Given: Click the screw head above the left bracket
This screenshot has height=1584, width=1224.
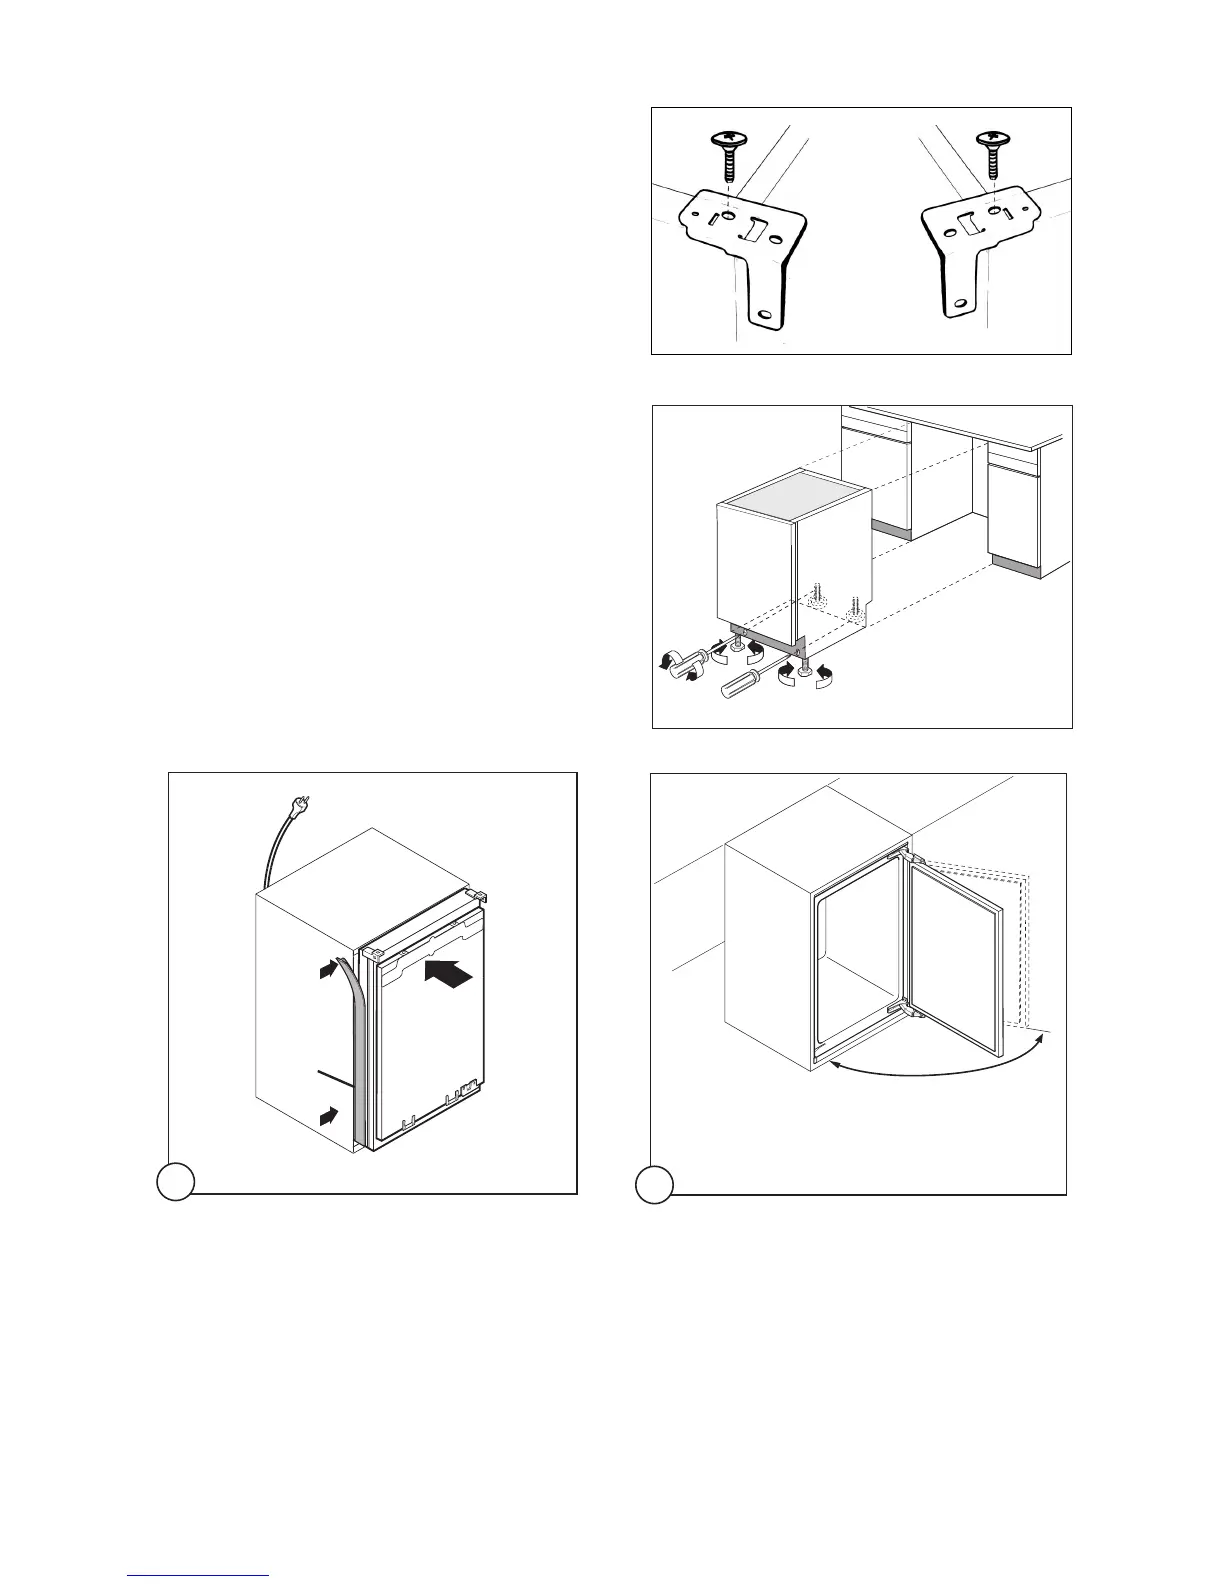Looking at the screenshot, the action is click(x=729, y=138).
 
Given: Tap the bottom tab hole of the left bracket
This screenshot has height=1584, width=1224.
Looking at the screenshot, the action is click(x=766, y=315).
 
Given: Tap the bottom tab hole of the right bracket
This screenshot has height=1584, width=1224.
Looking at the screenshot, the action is click(x=960, y=304).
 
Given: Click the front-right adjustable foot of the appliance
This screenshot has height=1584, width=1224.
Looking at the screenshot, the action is click(x=802, y=666).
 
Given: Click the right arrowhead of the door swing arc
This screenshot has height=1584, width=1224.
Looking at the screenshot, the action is click(x=1044, y=1039).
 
